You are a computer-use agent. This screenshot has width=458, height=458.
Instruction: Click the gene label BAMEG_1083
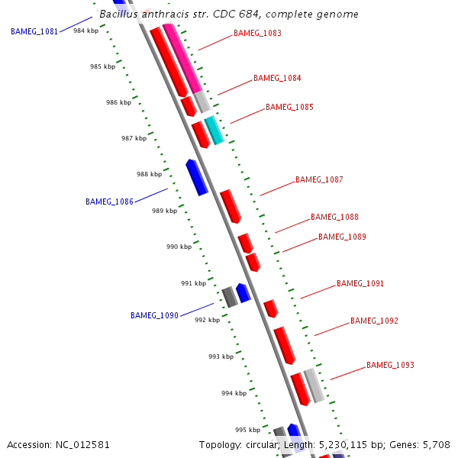pyautogui.click(x=257, y=34)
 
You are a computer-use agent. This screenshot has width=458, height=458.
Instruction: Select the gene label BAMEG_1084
pyautogui.click(x=277, y=78)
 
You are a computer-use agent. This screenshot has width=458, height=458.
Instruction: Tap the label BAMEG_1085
pyautogui.click(x=289, y=107)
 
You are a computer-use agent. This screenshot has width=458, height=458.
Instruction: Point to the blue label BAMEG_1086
pyautogui.click(x=109, y=202)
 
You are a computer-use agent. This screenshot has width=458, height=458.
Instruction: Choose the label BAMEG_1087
pyautogui.click(x=319, y=180)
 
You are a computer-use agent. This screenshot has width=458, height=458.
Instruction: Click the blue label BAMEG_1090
pyautogui.click(x=154, y=315)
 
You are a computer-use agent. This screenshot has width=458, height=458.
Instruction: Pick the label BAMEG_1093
pyautogui.click(x=390, y=365)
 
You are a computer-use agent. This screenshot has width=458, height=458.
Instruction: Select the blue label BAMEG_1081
pyautogui.click(x=34, y=32)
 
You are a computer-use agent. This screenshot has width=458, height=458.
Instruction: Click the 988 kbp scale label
pyautogui.click(x=149, y=175)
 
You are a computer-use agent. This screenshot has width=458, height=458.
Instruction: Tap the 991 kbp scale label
pyautogui.click(x=193, y=283)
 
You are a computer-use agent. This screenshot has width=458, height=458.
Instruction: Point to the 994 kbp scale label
pyautogui.click(x=234, y=393)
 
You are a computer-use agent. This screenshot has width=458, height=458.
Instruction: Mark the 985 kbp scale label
pyautogui.click(x=102, y=67)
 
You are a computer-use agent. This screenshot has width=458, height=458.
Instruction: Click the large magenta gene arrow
pyautogui.click(x=181, y=58)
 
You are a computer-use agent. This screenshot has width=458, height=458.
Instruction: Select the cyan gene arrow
pyautogui.click(x=214, y=131)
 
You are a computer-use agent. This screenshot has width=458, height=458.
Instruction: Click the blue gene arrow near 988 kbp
pyautogui.click(x=197, y=176)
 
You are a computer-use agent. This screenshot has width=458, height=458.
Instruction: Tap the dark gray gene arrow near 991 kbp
pyautogui.click(x=230, y=296)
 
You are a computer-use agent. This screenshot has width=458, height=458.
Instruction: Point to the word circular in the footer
pyautogui.click(x=267, y=444)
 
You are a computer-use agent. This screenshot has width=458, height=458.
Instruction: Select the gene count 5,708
pyautogui.click(x=437, y=444)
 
